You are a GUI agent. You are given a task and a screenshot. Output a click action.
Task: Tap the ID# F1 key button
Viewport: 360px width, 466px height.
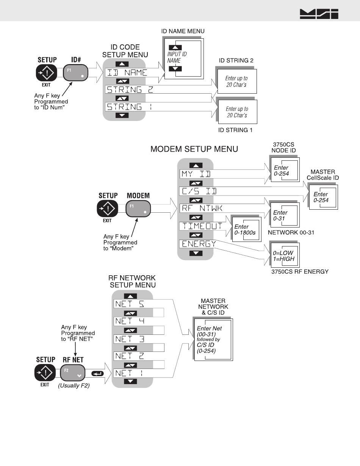[x=76, y=72]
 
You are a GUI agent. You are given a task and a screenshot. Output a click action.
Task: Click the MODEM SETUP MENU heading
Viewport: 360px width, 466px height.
[x=194, y=149]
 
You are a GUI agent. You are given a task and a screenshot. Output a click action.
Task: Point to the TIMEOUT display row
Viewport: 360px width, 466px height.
[x=202, y=226]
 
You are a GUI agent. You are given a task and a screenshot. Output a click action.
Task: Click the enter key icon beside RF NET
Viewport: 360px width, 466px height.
[x=97, y=373]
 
